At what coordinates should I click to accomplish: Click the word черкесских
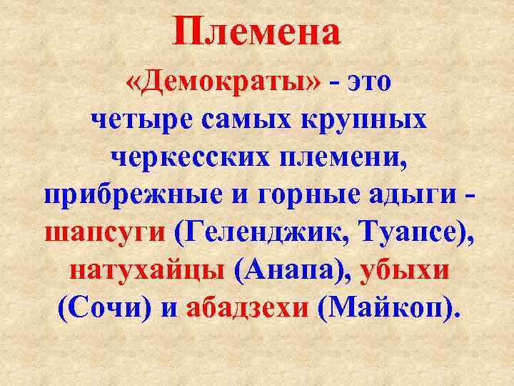pos(186,156)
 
